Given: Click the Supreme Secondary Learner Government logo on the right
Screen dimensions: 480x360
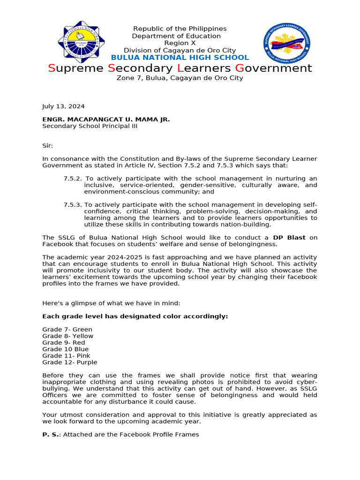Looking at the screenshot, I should click(286, 44).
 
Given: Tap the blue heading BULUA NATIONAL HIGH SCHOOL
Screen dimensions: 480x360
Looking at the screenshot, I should click(180, 58).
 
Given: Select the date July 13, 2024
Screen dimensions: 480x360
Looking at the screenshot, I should click(63, 106).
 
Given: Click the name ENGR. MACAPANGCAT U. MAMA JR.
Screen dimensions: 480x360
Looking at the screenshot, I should click(106, 120).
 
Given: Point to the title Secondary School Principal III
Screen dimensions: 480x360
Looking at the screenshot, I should click(90, 126).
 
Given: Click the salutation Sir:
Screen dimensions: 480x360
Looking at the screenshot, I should click(48, 146).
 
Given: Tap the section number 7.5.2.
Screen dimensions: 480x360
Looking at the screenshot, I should click(73, 179).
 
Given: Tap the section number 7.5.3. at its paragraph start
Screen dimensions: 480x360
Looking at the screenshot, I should click(73, 205).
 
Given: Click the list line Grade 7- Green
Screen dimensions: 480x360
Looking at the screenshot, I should click(67, 330).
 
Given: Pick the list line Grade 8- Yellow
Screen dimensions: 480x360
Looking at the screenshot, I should click(67, 336).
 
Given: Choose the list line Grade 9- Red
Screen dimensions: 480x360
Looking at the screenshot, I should click(64, 343).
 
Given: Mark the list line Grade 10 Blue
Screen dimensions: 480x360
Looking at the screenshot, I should click(65, 349).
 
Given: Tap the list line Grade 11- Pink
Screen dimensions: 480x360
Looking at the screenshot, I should click(66, 356).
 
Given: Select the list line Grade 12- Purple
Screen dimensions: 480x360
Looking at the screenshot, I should click(70, 362).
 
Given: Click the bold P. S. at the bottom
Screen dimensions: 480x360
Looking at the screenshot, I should click(51, 435).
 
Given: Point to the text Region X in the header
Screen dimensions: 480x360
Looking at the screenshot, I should click(180, 43).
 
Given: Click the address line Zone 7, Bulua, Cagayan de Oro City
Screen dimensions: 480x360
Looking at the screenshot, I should click(180, 78).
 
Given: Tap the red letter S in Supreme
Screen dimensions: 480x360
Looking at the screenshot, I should click(52, 68).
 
